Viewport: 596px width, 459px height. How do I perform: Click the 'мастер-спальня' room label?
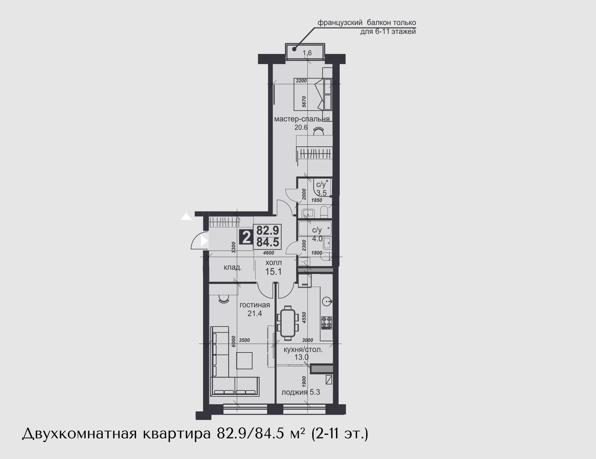point(302,119)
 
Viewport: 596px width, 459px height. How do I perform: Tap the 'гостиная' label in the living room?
point(255,305)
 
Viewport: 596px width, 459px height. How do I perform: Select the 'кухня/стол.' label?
point(303,350)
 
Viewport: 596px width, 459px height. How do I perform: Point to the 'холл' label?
point(273,262)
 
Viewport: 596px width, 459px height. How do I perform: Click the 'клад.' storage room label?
point(233,267)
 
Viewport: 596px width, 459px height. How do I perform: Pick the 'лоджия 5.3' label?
point(301,392)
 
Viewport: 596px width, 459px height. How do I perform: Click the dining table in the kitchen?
point(288,323)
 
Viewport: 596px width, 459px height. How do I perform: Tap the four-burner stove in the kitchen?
point(327,323)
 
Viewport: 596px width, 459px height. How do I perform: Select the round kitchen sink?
point(327,302)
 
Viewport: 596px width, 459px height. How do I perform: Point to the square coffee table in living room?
point(244,360)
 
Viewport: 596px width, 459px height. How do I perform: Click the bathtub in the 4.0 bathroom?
point(315,229)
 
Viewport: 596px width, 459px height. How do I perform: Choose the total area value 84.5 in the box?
point(268,242)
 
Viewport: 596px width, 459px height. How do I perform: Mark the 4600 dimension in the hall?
point(269,253)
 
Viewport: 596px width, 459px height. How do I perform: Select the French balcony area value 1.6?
point(307,53)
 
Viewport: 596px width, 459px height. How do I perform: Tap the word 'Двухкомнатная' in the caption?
point(79,434)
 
